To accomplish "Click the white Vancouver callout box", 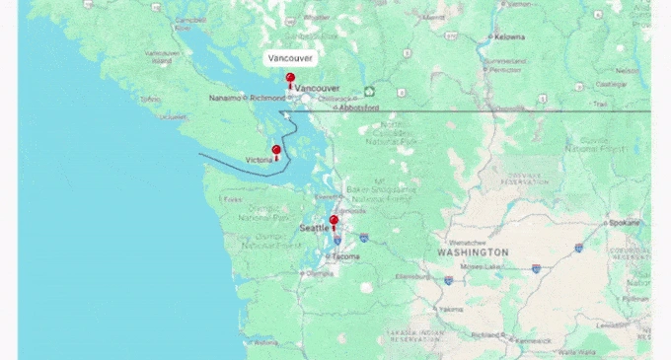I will pos(290,58).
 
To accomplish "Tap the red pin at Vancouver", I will pos(289,78).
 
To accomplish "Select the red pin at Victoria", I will pos(276,151).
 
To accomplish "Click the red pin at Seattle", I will pos(334,221).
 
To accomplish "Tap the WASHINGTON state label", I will pos(474,252).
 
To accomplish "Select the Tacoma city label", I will pos(345,256).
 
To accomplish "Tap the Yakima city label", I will pos(451,309).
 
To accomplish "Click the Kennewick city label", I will pos(532,340).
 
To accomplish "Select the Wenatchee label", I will pos(467,242).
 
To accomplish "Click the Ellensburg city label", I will pos(408,277).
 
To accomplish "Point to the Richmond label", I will pos(266,98).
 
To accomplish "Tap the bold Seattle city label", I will pos(314,229).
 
